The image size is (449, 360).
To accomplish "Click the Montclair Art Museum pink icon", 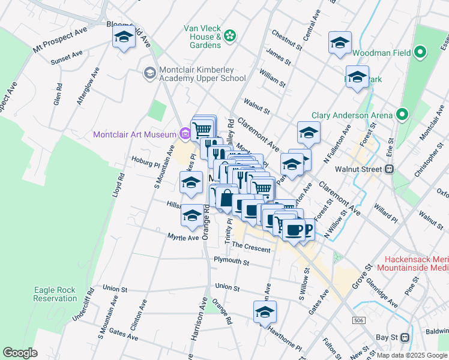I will coord(186,134).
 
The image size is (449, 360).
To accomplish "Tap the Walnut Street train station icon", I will coord(389,169).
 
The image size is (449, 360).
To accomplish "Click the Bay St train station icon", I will coord(405,337).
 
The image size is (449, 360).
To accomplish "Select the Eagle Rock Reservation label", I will coord(55,294).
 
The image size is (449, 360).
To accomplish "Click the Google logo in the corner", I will coord(20,353).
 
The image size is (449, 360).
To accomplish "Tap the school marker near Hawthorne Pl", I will coord(264,312).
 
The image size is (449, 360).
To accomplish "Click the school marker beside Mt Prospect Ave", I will coord(124,38).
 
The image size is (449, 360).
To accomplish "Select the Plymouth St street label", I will coord(231,262).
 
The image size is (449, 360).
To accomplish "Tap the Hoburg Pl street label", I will coord(146,163).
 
